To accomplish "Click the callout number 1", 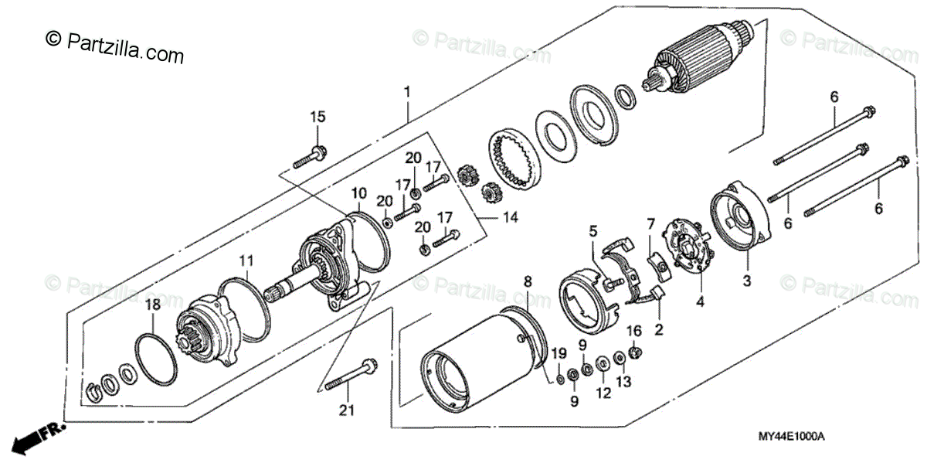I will [x=406, y=94].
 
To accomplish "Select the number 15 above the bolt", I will [x=318, y=117].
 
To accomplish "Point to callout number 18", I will [x=153, y=305].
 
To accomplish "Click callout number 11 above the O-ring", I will [x=246, y=260].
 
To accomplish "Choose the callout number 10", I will [x=359, y=192].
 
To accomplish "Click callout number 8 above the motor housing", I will [x=528, y=281].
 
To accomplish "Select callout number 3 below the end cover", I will [x=747, y=279].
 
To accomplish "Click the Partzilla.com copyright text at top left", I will [x=116, y=46].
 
